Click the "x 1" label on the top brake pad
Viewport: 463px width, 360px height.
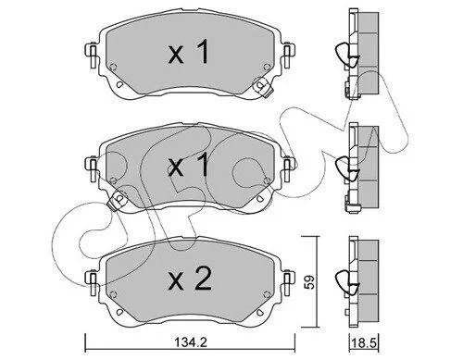(189, 53)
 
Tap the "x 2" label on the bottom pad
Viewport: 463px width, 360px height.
(190, 279)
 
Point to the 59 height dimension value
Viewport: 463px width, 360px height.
(310, 281)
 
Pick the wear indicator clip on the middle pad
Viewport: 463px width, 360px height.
(117, 201)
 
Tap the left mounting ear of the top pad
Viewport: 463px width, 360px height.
(92, 56)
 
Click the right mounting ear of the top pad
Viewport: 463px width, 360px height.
(288, 56)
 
